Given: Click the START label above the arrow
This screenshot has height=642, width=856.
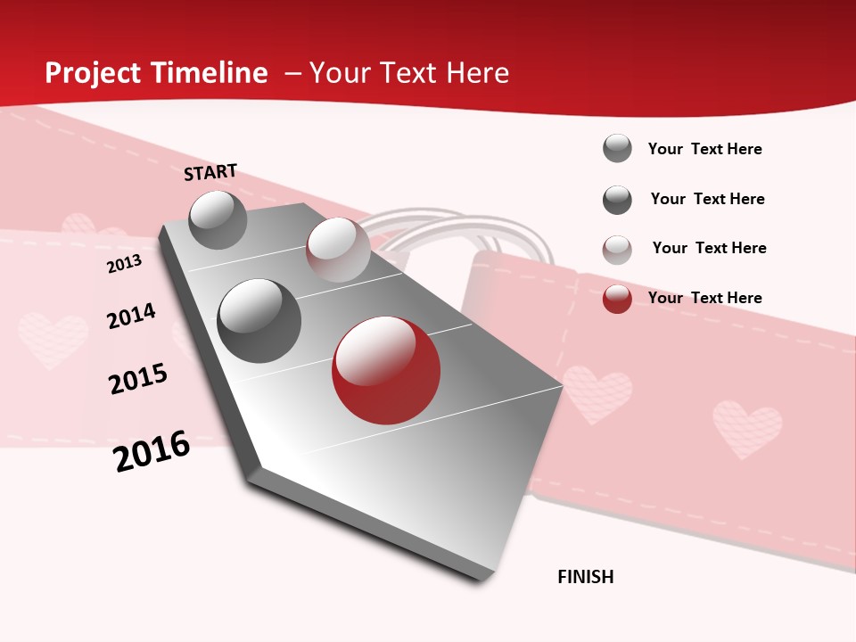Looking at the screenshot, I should click(x=210, y=172).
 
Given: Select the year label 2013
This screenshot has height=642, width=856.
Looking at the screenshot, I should click(x=124, y=263).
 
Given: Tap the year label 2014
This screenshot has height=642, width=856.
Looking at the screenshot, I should click(x=131, y=316).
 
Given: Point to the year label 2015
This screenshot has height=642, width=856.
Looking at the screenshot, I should click(x=138, y=378).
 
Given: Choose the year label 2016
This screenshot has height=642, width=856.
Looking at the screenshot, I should click(x=152, y=451).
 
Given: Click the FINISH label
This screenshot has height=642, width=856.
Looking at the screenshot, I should click(x=585, y=577).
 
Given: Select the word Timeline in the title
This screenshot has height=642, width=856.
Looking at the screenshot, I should click(x=210, y=73).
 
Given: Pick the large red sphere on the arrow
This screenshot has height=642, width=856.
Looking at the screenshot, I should click(x=386, y=370).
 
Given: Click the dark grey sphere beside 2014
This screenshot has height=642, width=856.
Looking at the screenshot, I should click(x=259, y=321).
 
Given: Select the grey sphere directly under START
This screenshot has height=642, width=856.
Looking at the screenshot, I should click(x=218, y=219).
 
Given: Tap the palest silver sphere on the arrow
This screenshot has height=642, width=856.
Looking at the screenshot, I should click(x=338, y=250).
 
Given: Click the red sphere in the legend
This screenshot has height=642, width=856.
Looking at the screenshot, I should click(x=617, y=299).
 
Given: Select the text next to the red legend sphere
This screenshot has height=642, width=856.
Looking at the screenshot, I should click(x=704, y=298).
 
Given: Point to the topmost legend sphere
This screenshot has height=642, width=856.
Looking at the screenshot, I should click(x=617, y=148).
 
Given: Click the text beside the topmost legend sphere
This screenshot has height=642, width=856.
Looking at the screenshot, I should click(x=704, y=149).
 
